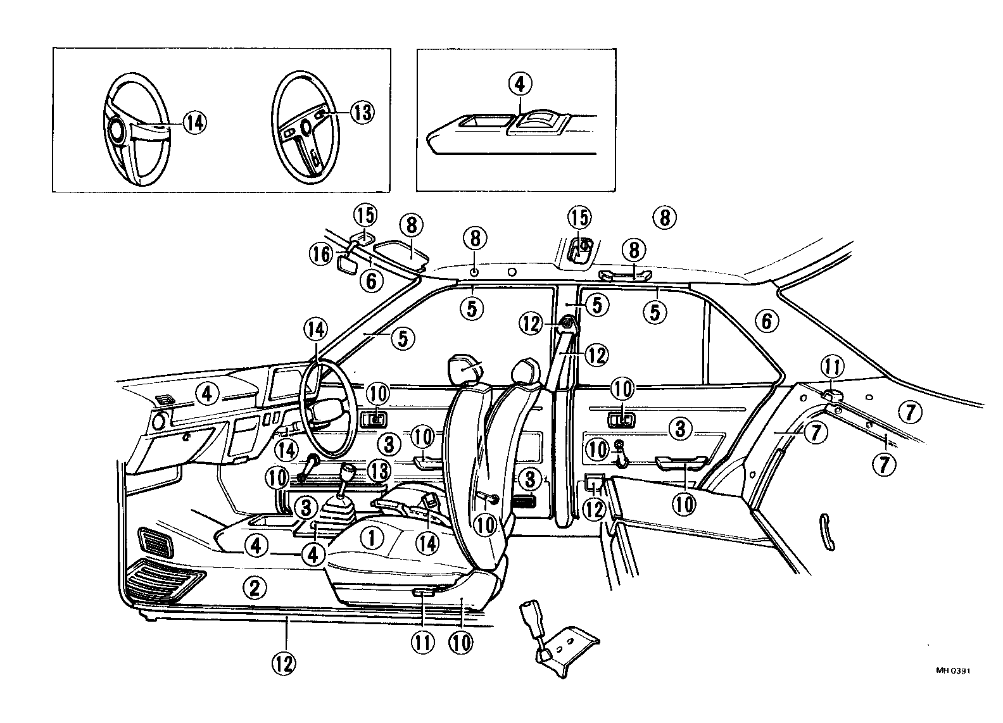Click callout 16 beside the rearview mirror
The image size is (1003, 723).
click(321, 255)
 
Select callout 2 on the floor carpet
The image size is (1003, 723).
click(254, 588)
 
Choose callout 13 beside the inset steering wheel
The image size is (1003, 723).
click(362, 113)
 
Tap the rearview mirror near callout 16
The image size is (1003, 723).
click(346, 262)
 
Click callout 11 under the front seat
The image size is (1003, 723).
click(423, 643)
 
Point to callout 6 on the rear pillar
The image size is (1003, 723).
click(767, 322)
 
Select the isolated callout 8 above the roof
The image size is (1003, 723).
click(664, 218)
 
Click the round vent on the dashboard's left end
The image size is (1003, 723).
click(158, 419)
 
